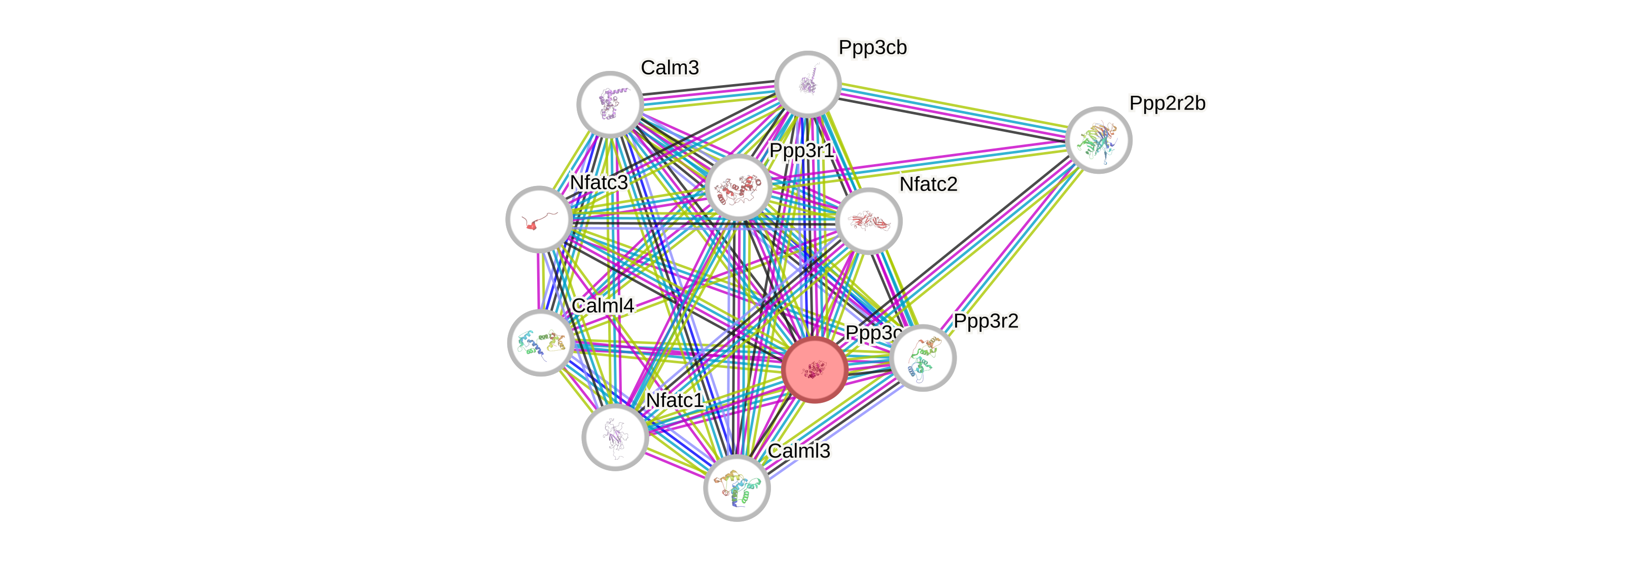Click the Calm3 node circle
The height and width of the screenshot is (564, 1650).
coord(610,104)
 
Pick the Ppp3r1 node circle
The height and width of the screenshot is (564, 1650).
coord(739,187)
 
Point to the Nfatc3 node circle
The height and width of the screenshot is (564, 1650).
coord(539,219)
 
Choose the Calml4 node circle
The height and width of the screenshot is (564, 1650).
coord(541,343)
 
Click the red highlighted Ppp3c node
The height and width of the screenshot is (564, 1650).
coord(815,369)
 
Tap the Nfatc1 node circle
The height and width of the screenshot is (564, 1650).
coord(615,437)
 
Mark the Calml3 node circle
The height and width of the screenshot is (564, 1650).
coord(736,488)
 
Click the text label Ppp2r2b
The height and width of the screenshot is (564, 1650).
coord(1167,103)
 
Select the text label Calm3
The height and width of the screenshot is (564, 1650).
coord(670,67)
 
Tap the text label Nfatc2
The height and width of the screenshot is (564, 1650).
coord(928,184)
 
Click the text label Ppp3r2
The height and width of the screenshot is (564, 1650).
coord(986,321)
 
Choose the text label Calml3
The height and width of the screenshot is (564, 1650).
coord(799,450)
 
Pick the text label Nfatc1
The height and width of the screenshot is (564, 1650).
coord(675,400)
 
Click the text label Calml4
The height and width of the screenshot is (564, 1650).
coord(602,306)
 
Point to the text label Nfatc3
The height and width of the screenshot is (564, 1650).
coord(598,182)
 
